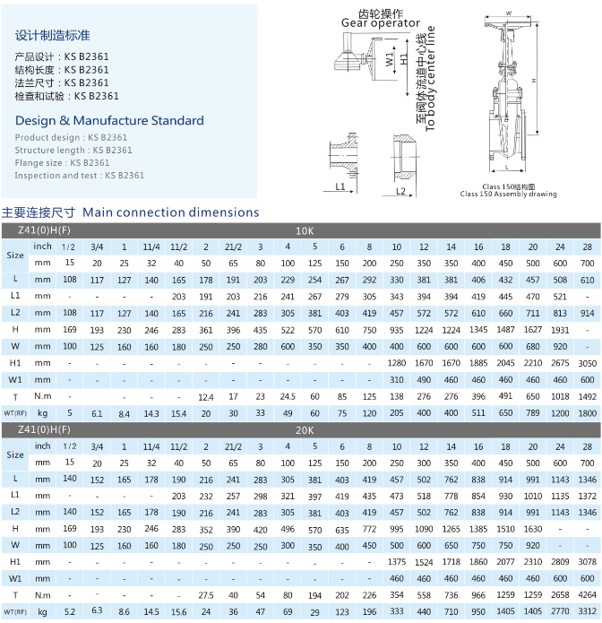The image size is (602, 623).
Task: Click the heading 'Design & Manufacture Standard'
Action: tap(109, 120)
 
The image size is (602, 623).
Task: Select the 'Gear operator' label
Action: tap(381, 23)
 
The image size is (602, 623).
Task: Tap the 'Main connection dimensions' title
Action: tap(170, 212)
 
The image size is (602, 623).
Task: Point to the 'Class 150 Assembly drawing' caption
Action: tap(508, 194)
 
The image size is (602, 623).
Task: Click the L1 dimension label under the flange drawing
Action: tap(340, 186)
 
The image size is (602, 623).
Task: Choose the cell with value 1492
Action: tap(587, 395)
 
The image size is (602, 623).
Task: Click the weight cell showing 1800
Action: tap(587, 413)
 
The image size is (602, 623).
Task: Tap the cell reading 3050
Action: tap(587, 362)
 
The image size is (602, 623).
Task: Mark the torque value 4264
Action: tap(587, 594)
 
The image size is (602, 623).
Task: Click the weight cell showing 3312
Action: tap(587, 612)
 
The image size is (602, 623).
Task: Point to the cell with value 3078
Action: tap(587, 561)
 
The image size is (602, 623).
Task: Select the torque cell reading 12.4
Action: tap(205, 395)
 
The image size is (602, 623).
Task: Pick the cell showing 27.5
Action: tap(205, 594)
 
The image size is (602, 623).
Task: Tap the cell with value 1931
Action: tap(559, 329)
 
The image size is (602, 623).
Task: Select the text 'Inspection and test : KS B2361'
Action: tap(80, 176)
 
